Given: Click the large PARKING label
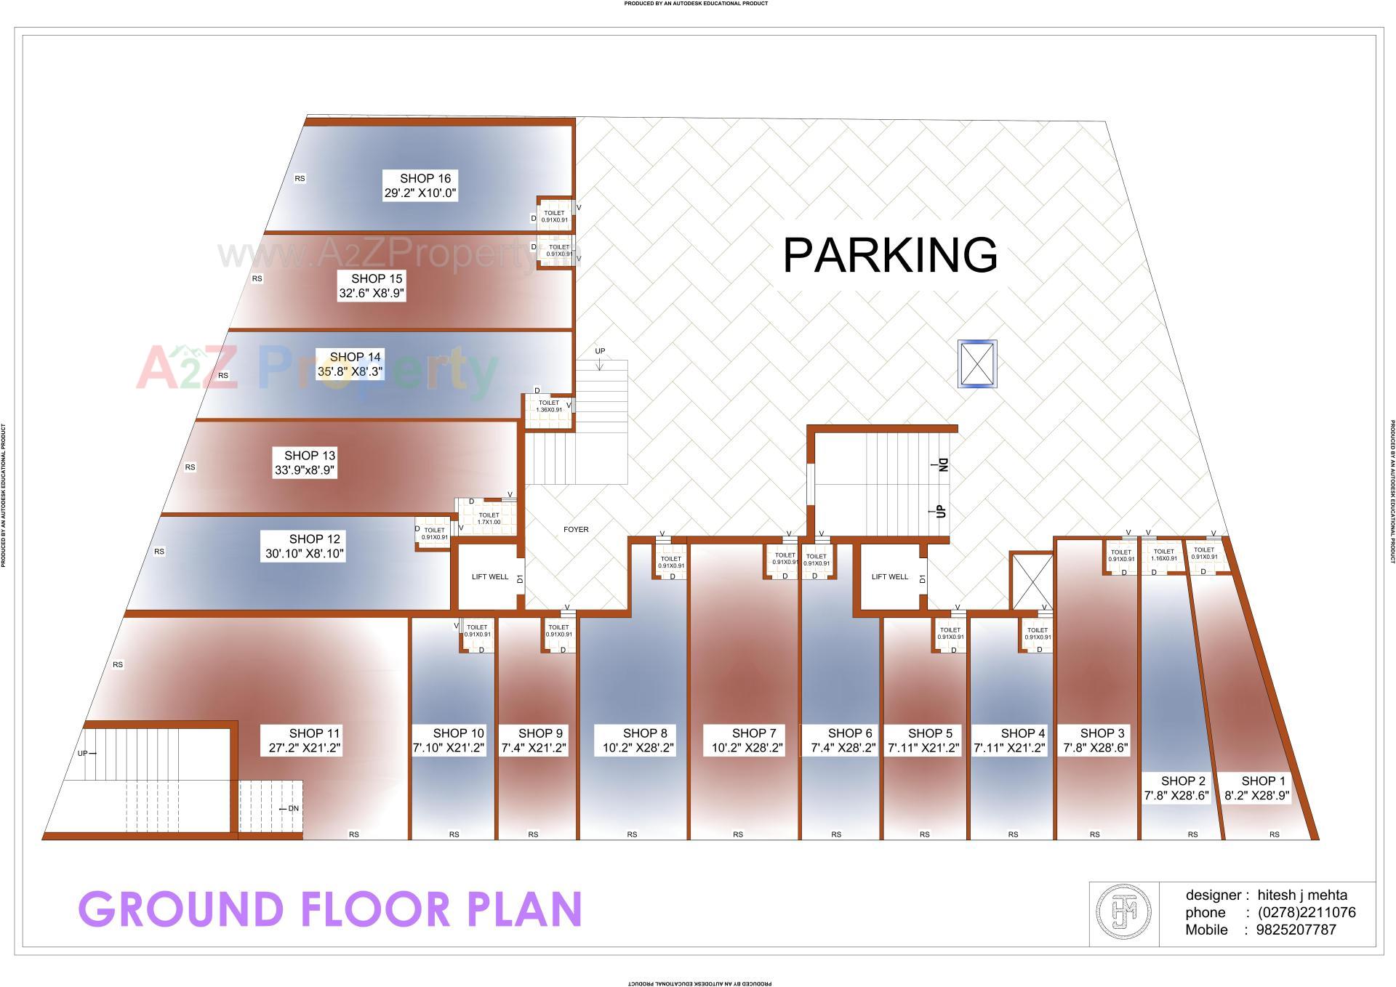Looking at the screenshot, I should click(889, 255).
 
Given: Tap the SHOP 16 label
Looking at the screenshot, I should click(425, 178).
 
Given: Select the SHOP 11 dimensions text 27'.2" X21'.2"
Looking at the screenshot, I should click(305, 747).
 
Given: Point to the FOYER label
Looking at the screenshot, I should click(576, 529).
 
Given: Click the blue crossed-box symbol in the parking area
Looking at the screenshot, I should click(976, 363).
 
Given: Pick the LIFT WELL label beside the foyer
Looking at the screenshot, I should click(490, 577).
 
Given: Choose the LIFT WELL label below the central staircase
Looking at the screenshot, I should click(890, 577).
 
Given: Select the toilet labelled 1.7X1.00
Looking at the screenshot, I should click(489, 519).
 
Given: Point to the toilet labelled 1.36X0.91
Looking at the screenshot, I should click(549, 406).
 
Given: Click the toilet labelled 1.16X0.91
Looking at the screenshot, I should click(1164, 555).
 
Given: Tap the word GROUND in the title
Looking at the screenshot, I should click(180, 909).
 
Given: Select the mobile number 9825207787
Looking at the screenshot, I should click(1296, 930).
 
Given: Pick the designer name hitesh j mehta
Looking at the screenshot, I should click(1302, 895).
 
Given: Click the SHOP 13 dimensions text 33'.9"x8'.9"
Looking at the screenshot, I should click(305, 470).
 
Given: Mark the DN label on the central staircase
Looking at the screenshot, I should click(944, 464).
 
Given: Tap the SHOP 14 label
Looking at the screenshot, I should click(355, 357).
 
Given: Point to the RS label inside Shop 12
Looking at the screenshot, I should click(159, 552).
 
